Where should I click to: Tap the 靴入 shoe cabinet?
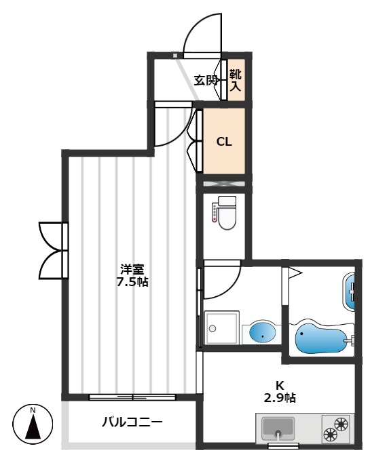(236, 80)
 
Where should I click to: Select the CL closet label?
(224, 142)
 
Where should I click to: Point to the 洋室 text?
(132, 269)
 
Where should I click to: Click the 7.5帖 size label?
(132, 282)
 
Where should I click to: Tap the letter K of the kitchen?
(279, 385)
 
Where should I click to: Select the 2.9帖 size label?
(280, 398)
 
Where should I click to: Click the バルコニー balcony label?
(132, 422)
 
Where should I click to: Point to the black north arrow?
(33, 426)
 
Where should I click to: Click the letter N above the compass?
(33, 410)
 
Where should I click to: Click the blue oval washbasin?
(263, 332)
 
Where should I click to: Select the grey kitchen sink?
(278, 426)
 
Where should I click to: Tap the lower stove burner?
(330, 435)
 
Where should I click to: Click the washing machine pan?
(221, 327)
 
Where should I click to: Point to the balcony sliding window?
(132, 397)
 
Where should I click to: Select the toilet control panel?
(215, 212)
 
